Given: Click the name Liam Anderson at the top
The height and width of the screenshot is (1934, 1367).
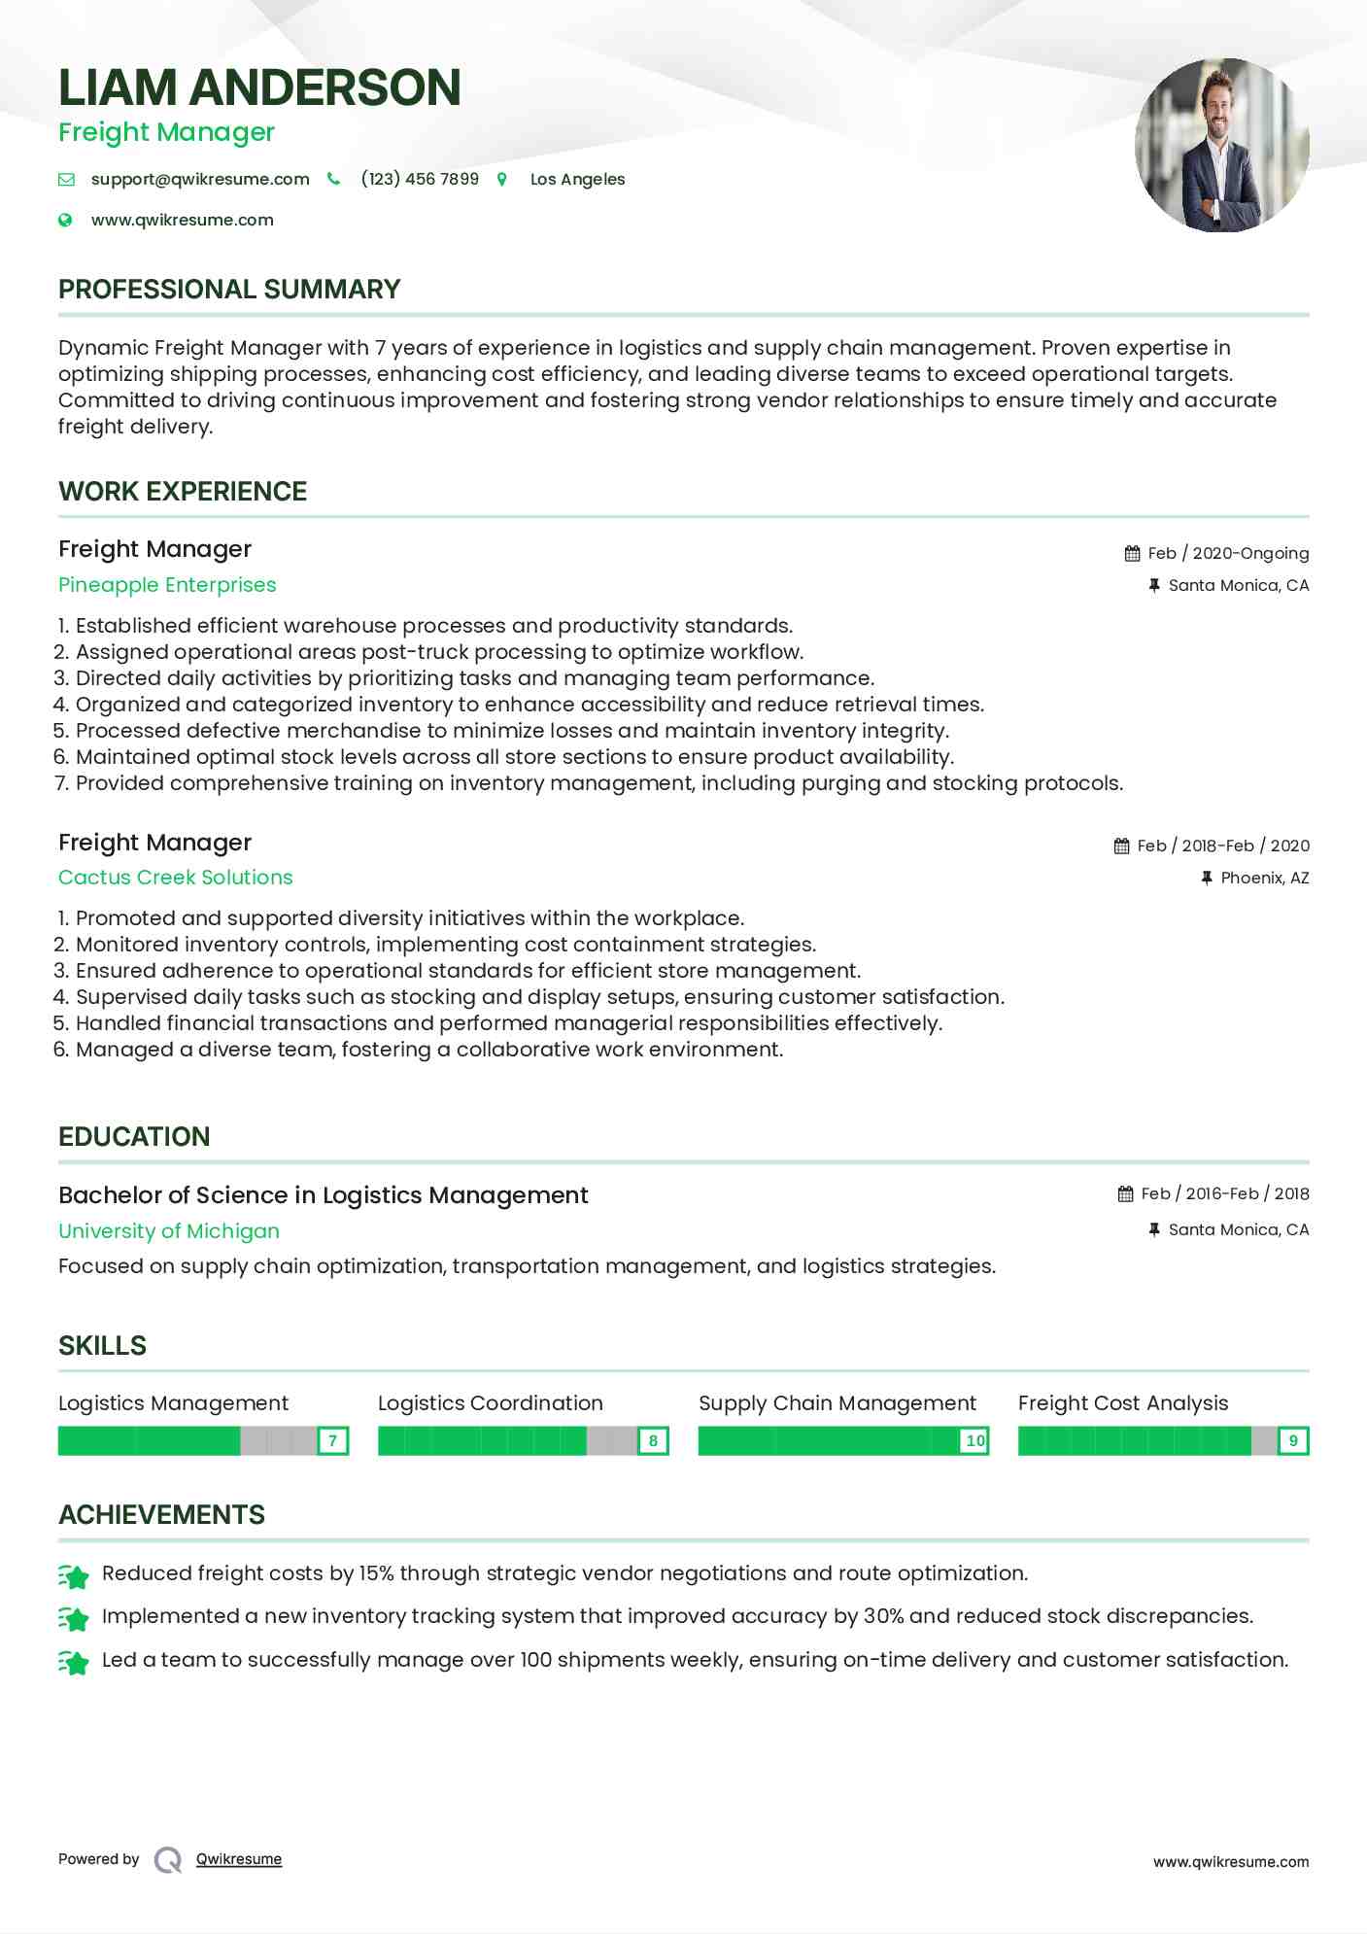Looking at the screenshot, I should point(259,87).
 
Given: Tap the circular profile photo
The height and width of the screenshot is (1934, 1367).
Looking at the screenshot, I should point(1221,146).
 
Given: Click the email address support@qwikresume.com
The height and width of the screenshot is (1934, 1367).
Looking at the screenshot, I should point(200,179).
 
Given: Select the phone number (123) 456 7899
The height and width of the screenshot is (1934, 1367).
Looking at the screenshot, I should point(420,179).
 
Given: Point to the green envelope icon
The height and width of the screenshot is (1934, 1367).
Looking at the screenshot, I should point(66,179).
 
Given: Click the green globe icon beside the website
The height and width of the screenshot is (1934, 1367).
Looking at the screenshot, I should point(65,220).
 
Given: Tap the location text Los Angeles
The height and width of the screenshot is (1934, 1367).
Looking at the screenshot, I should point(577,179).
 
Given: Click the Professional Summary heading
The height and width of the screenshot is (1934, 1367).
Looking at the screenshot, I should point(229,290).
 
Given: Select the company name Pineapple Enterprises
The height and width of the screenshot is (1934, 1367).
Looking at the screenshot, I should point(167,585).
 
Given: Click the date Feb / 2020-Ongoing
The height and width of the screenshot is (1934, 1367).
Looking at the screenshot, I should point(1228,553).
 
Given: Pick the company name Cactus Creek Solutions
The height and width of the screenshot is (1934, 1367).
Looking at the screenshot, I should point(175,878).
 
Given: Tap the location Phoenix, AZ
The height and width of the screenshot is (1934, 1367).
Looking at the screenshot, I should point(1264,878).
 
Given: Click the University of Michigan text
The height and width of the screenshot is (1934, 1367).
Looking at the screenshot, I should point(169,1231).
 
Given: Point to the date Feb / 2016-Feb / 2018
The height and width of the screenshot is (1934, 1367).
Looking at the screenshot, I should point(1224,1193).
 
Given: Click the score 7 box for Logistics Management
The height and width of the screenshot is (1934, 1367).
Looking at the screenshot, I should point(332,1440).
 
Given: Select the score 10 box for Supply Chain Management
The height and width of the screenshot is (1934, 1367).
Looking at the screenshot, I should point(974,1440).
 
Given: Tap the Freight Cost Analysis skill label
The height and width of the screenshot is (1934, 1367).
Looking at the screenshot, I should point(1123,1403).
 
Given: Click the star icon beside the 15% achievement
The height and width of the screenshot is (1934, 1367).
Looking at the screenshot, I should point(74,1575).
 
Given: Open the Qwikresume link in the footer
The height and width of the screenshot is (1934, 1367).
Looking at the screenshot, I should point(239,1859).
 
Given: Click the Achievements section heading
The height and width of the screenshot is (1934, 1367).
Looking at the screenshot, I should point(161,1515).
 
